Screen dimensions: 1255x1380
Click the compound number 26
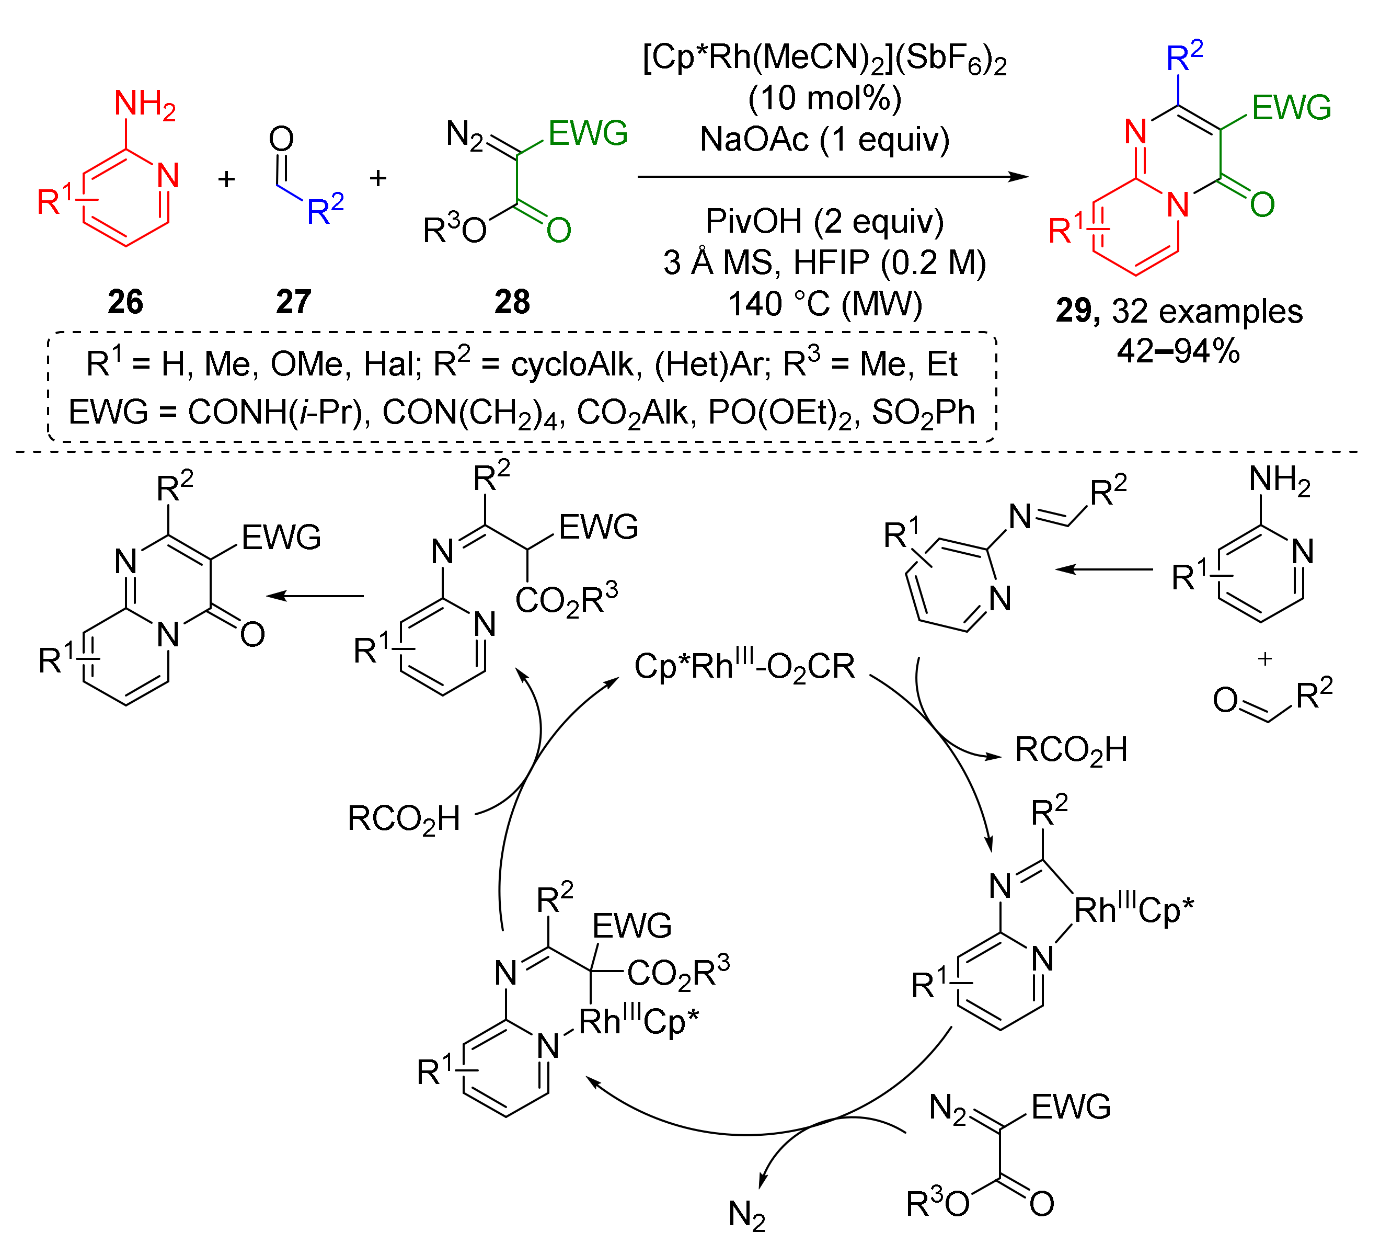pos(125,302)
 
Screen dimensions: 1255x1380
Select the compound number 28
pos(512,302)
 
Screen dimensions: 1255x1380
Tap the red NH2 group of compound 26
pos(144,105)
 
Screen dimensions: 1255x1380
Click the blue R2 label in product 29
pos(1183,58)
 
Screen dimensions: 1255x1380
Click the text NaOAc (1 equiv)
pos(824,140)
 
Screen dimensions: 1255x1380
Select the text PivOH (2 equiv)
pos(824,221)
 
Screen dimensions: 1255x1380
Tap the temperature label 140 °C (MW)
pos(824,303)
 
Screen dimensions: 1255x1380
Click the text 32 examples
pos(1207,312)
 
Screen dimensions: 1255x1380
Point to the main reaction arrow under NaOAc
pos(832,177)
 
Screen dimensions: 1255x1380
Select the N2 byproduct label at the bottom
pos(746,1215)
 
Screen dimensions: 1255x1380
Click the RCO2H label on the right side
pos(1071,750)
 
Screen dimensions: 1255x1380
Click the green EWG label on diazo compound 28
pos(588,133)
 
